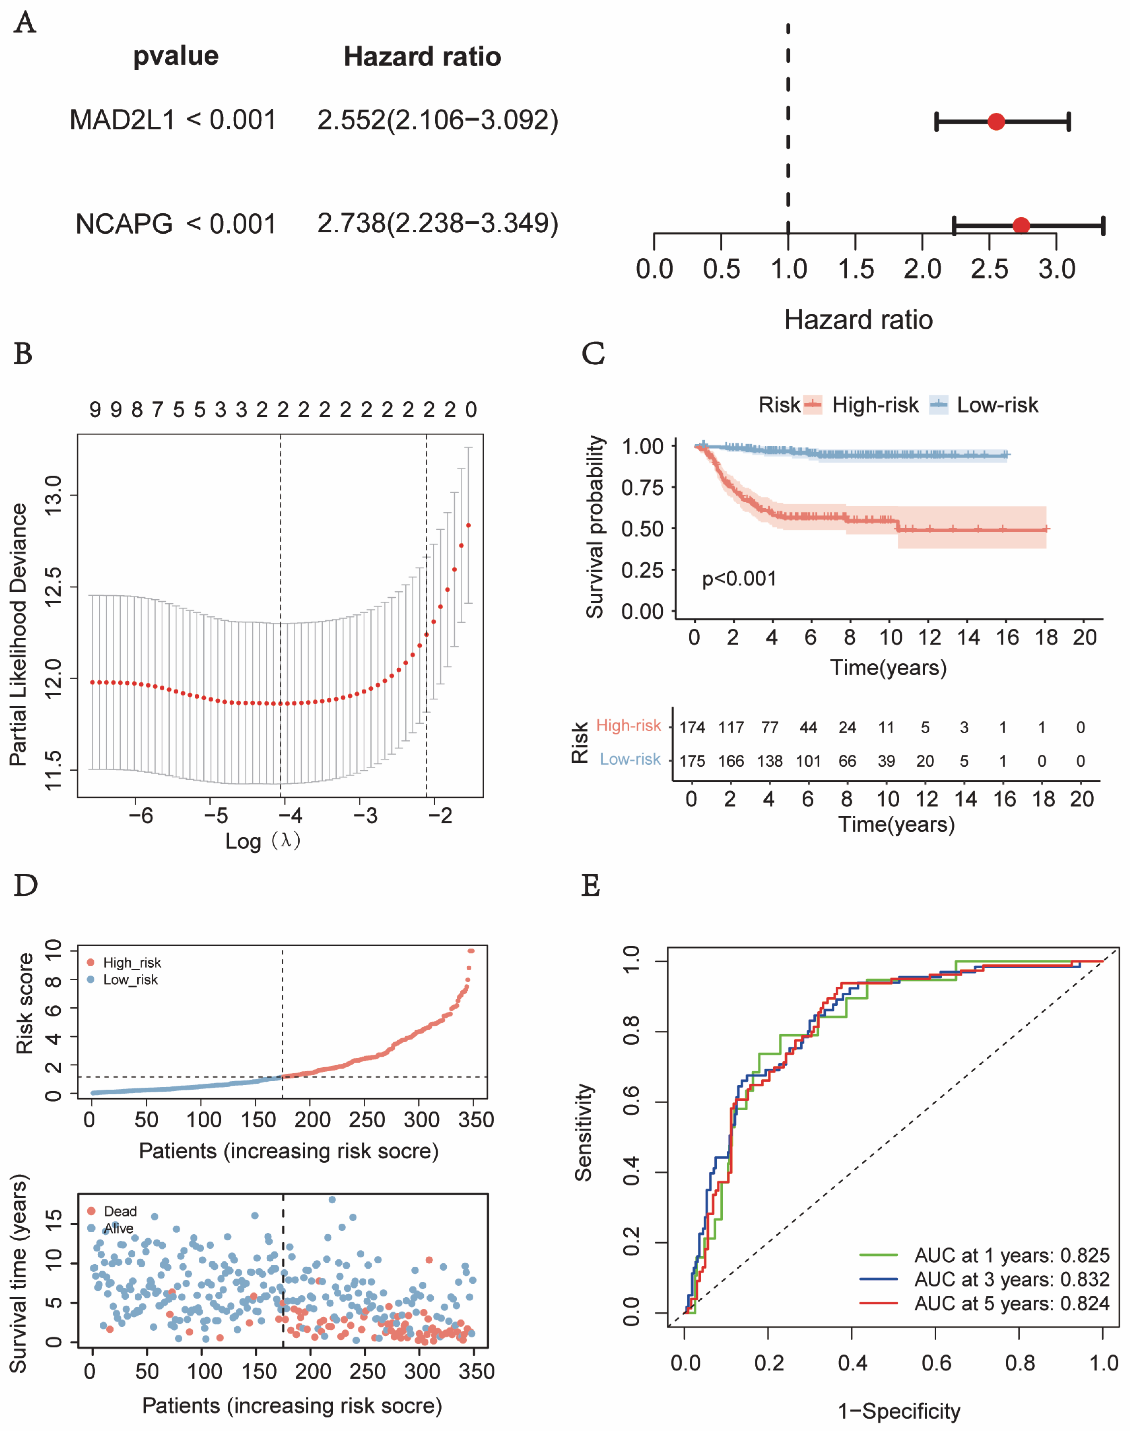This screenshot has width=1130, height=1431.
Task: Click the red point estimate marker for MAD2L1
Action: pyautogui.click(x=996, y=122)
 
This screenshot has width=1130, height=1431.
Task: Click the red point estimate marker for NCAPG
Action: pyautogui.click(x=1021, y=226)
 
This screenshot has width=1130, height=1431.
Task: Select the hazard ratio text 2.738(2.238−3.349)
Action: pyautogui.click(x=437, y=224)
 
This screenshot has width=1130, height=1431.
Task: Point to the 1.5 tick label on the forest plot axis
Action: pyautogui.click(x=855, y=269)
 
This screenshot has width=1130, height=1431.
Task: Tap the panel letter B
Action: pyautogui.click(x=23, y=354)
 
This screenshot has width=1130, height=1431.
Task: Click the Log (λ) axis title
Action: pyautogui.click(x=263, y=841)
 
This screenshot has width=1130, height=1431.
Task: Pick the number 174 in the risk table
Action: pyautogui.click(x=692, y=728)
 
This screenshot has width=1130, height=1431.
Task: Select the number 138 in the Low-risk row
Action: pyautogui.click(x=769, y=761)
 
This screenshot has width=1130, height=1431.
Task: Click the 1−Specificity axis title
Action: pyautogui.click(x=899, y=1411)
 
